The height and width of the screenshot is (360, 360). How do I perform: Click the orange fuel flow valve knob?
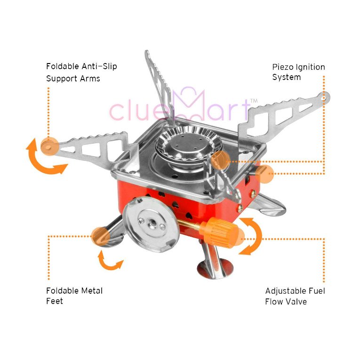(219, 233)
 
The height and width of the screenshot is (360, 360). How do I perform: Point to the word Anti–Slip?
(99, 66)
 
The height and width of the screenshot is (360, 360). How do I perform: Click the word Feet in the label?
(55, 301)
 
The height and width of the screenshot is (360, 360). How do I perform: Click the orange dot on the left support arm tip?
(49, 146)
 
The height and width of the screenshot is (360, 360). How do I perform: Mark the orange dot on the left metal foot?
(101, 237)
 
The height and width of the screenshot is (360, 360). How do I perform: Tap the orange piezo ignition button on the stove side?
(264, 174)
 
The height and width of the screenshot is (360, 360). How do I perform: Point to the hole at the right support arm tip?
(324, 98)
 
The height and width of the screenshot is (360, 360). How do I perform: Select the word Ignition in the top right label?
(310, 67)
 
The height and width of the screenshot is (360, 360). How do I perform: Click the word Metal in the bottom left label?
(92, 291)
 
